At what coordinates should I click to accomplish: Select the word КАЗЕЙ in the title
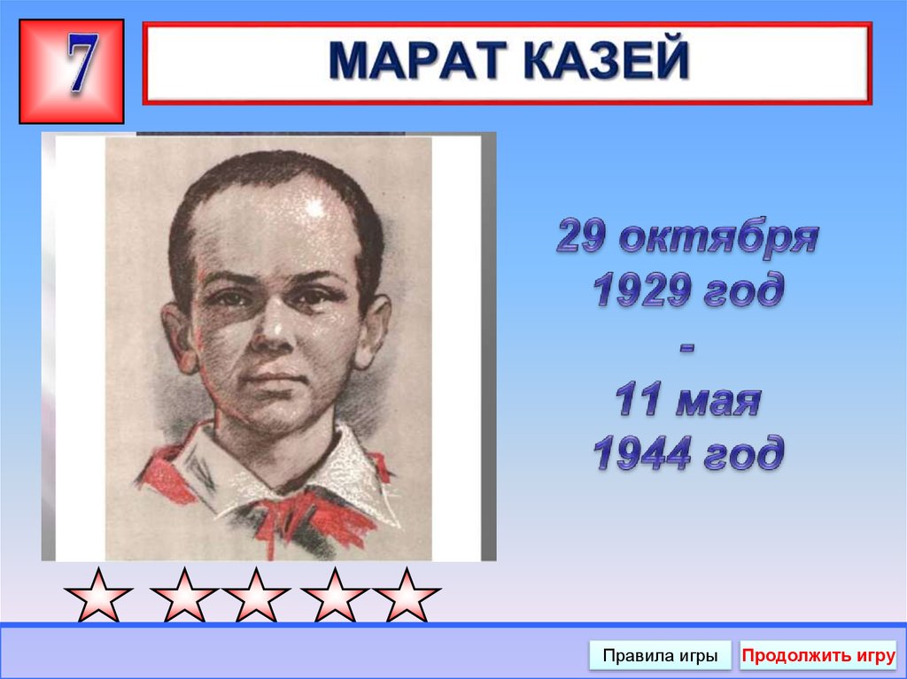pyautogui.click(x=612, y=61)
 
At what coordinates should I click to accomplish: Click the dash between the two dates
pyautogui.click(x=688, y=347)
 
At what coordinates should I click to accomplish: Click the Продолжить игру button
pyautogui.click(x=818, y=656)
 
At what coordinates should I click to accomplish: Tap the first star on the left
pyautogui.click(x=98, y=595)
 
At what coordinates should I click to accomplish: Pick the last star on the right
pyautogui.click(x=406, y=595)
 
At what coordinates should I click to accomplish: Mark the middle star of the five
pyautogui.click(x=256, y=595)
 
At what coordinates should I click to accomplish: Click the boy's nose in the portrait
pyautogui.click(x=275, y=332)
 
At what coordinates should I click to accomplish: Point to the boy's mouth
pyautogui.click(x=277, y=381)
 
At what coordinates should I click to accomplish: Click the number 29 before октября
pyautogui.click(x=584, y=239)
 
